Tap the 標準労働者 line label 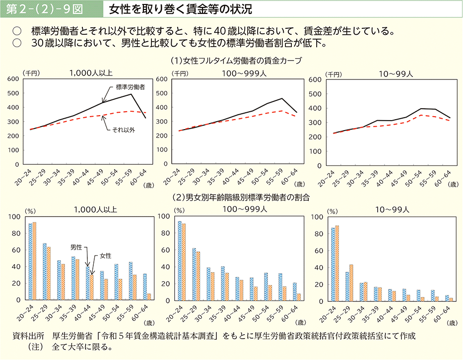tap(130, 87)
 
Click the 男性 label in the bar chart tap(76, 247)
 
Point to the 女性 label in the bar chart tap(105, 256)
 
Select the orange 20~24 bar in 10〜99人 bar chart tap(337, 263)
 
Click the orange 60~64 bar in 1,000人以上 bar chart tap(149, 296)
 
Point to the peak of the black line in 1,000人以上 tap(131, 94)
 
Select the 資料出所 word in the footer tap(25, 336)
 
